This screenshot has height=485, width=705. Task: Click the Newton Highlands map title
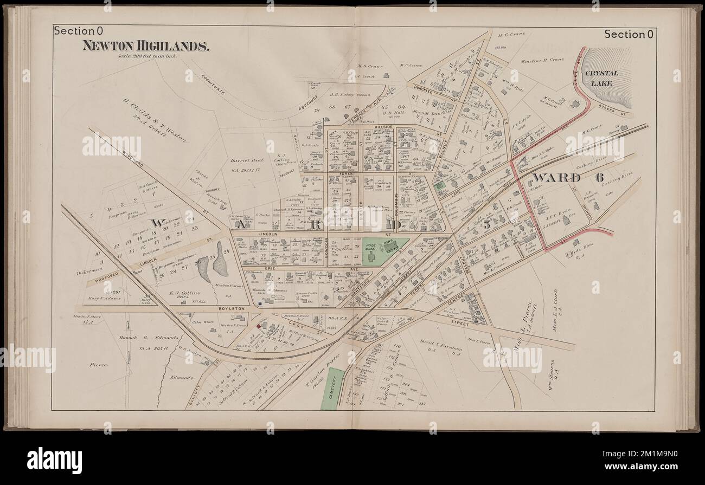click(x=146, y=46)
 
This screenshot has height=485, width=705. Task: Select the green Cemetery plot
click(x=334, y=389)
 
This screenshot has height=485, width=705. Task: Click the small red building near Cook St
click(x=258, y=326)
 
